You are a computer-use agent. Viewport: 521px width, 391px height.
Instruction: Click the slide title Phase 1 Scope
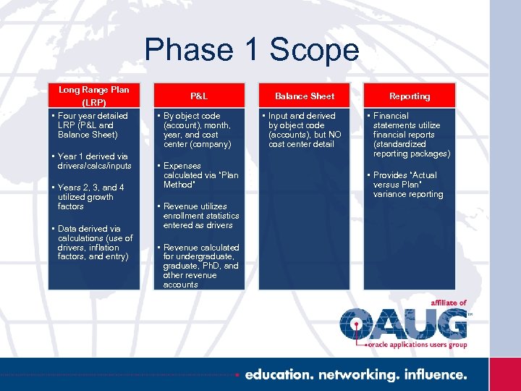pyautogui.click(x=252, y=50)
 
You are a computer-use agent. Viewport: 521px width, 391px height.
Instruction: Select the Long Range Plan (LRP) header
pyautogui.click(x=94, y=96)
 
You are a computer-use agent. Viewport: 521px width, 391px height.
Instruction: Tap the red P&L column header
pyautogui.click(x=199, y=96)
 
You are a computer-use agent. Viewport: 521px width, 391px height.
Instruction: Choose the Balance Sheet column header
pyautogui.click(x=305, y=96)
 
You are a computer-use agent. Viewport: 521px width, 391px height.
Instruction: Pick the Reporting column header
pyautogui.click(x=410, y=96)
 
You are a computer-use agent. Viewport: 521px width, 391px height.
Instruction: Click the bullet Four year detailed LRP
pyautogui.click(x=93, y=125)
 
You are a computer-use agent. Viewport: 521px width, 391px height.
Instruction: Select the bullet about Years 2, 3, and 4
pyautogui.click(x=90, y=196)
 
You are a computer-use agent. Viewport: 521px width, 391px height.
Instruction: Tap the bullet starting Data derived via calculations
pyautogui.click(x=95, y=243)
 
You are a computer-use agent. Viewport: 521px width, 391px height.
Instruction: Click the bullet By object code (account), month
pyautogui.click(x=197, y=130)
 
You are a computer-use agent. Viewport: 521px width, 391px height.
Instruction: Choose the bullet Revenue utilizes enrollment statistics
pyautogui.click(x=200, y=216)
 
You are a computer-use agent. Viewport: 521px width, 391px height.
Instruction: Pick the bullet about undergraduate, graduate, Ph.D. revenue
pyautogui.click(x=200, y=266)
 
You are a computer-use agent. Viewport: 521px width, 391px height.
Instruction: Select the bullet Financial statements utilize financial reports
pyautogui.click(x=411, y=135)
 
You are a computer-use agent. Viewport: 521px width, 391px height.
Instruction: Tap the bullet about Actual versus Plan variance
pyautogui.click(x=407, y=185)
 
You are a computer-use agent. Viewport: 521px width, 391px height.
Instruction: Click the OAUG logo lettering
pyautogui.click(x=404, y=324)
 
